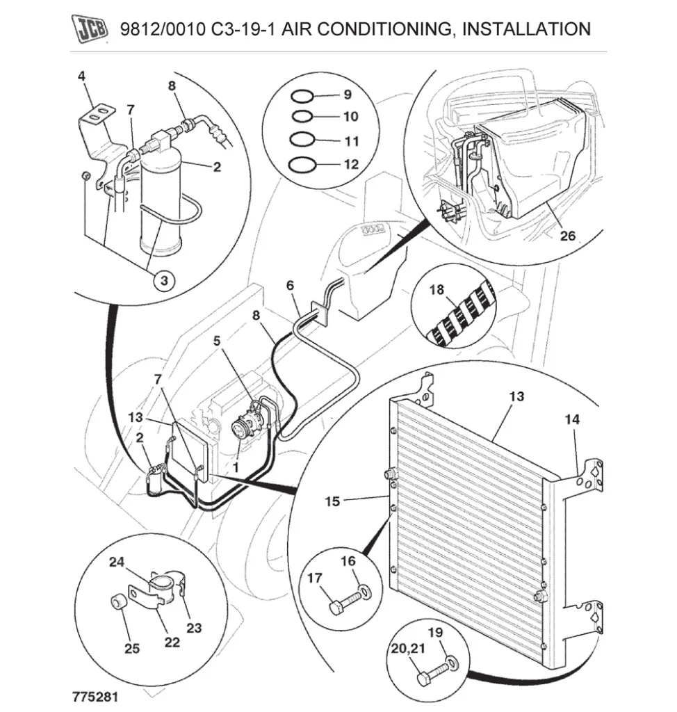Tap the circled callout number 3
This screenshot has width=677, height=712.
[x=164, y=281]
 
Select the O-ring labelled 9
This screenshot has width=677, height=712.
[x=302, y=95]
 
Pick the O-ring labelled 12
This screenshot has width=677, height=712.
[x=302, y=165]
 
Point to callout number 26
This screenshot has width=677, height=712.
[x=568, y=236]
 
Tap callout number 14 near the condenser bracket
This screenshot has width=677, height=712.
[x=572, y=420]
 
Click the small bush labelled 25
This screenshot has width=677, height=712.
[x=118, y=602]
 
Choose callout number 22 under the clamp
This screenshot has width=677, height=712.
[x=172, y=642]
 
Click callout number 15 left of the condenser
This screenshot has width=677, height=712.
[x=333, y=500]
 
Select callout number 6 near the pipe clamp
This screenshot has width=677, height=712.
[x=290, y=285]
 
